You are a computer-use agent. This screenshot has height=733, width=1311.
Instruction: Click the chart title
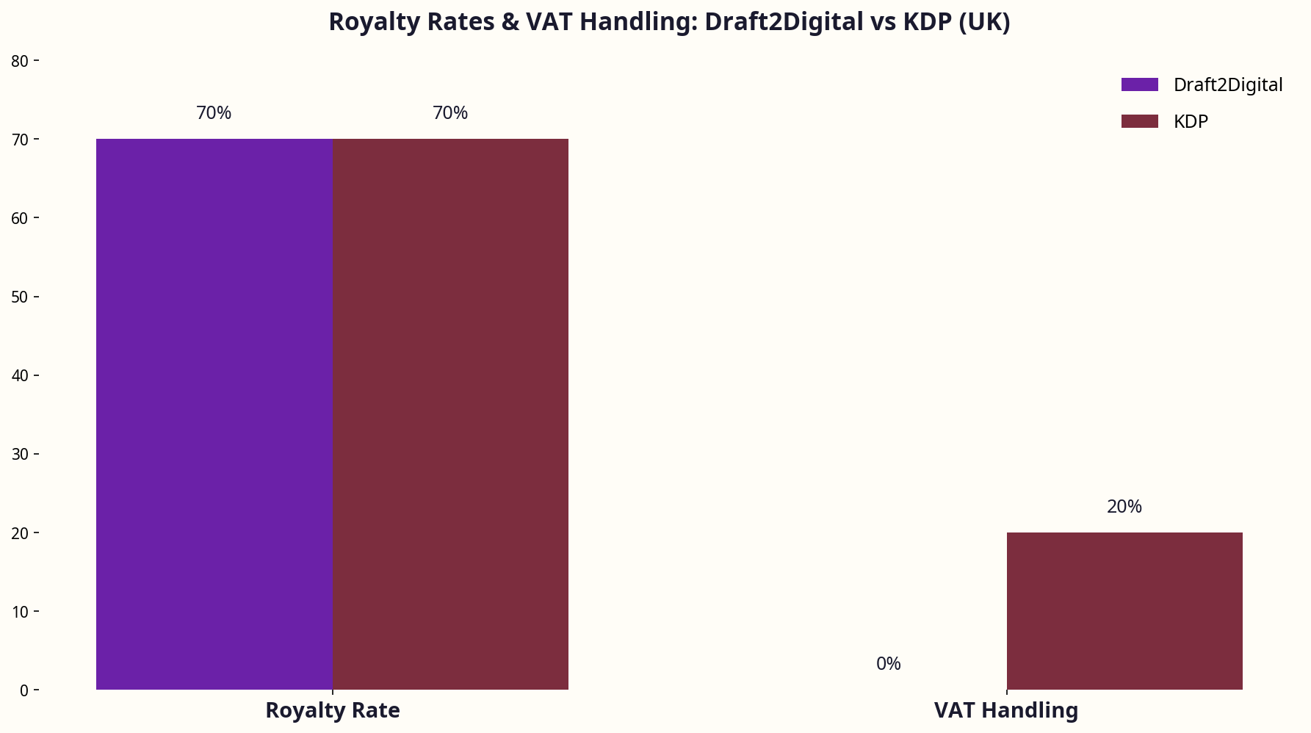669,22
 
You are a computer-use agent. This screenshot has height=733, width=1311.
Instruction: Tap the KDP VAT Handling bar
1124,610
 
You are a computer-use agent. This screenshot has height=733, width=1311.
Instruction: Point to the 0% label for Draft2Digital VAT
888,663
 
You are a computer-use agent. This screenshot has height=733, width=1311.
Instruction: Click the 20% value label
1124,506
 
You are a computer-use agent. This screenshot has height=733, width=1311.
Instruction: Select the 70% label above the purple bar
214,112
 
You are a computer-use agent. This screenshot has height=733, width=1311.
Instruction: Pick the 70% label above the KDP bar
450,112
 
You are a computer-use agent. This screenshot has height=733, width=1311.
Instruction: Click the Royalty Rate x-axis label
333,710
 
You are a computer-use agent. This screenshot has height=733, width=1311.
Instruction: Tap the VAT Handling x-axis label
1006,710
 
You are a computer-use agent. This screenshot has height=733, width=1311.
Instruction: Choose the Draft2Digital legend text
1228,84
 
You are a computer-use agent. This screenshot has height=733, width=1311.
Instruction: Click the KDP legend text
1191,121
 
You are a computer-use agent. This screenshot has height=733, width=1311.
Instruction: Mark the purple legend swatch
1139,84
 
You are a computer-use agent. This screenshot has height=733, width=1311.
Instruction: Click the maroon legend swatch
1139,121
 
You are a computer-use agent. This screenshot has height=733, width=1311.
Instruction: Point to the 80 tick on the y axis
20,61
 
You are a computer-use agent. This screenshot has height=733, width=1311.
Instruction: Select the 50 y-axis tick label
20,297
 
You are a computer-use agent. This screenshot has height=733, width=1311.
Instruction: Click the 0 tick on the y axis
24,690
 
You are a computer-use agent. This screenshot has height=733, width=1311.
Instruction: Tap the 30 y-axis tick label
20,454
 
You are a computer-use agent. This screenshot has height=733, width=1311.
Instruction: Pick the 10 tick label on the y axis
20,612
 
